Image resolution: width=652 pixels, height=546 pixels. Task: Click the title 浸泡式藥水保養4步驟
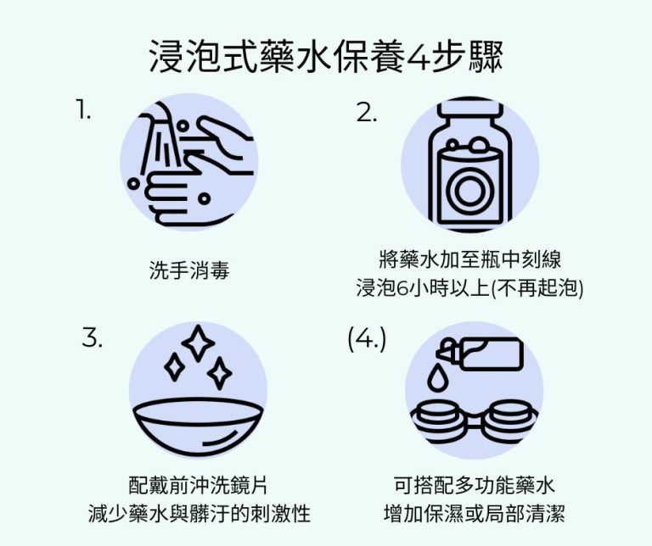(326, 57)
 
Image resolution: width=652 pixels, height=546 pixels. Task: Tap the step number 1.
(82, 110)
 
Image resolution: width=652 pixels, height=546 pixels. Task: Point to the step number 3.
(93, 337)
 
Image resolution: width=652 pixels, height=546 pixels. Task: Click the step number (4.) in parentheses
(367, 337)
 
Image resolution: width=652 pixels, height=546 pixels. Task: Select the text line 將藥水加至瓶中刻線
(469, 259)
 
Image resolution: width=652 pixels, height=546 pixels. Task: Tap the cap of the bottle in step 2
(469, 115)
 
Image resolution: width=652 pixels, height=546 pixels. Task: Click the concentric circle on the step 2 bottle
(469, 192)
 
